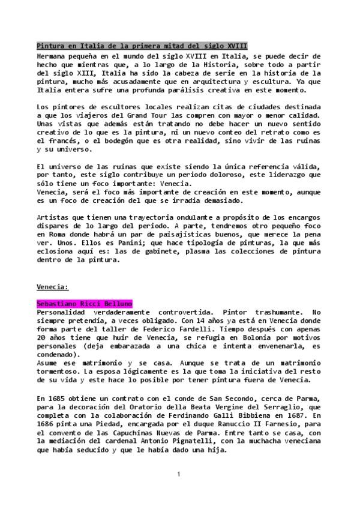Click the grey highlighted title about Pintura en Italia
tap(142, 46)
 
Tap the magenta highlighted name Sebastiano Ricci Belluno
tap(84, 304)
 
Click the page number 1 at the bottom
tap(179, 475)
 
